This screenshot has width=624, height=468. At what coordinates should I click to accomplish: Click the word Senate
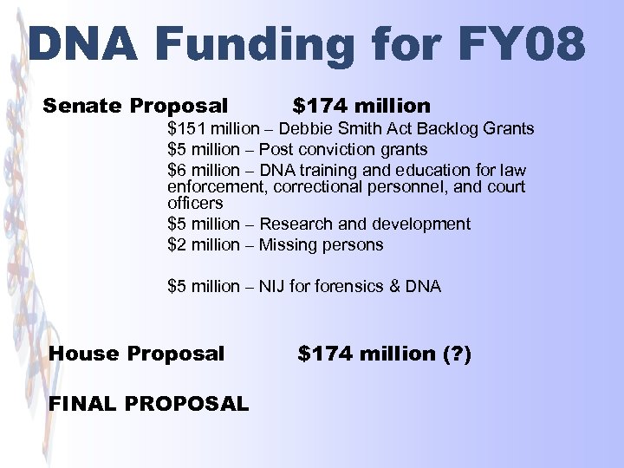83,107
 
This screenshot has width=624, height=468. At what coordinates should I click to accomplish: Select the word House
85,354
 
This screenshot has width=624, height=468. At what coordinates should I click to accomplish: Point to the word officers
195,204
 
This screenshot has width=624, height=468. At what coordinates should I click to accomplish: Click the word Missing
288,244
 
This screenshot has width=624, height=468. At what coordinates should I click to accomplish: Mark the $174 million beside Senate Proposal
361,107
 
